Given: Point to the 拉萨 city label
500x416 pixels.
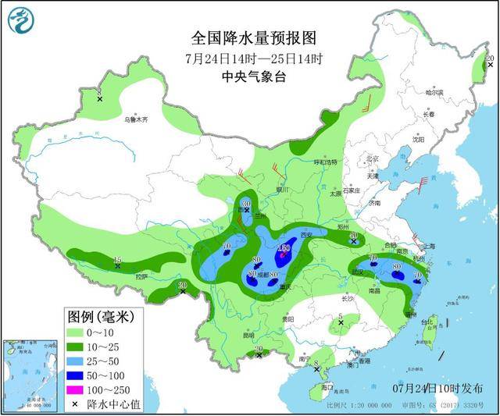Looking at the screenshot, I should (141, 276).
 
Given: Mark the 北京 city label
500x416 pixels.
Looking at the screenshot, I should (373, 160).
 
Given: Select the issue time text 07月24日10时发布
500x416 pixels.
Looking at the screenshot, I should (438, 388).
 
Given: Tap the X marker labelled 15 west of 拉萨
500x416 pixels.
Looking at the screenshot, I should (118, 266).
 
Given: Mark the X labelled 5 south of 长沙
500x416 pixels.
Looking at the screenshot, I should (341, 322).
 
